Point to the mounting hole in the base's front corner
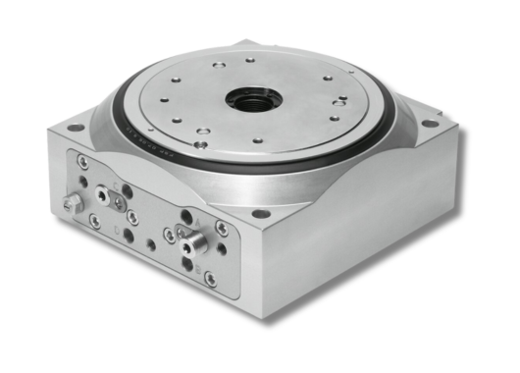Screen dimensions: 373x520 (x=260, y=213)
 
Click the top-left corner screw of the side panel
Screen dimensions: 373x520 (x=83, y=162)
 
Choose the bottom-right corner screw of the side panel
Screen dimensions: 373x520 (x=210, y=278)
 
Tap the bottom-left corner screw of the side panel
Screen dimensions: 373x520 (x=94, y=221)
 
